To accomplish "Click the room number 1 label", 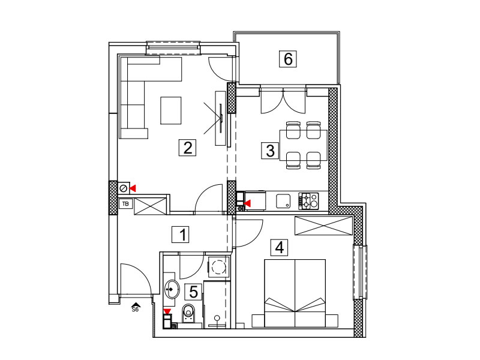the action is tap(181, 235).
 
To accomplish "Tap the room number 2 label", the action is tap(187, 147).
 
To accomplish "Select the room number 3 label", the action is tap(269, 151).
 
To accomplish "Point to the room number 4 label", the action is tap(279, 247).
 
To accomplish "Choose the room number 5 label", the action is tap(193, 292).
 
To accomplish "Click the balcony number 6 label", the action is tap(288, 58).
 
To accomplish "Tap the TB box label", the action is tap(125, 203).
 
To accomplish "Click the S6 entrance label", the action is tap(135, 310).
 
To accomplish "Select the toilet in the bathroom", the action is tap(188, 313).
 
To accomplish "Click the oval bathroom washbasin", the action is tap(172, 289).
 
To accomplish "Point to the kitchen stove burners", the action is tap(308, 201).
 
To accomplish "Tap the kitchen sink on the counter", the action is tap(283, 201).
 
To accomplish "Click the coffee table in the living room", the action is tap(171, 110).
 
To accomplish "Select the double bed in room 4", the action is tap(295, 293).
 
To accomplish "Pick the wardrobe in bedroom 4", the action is tap(323, 226).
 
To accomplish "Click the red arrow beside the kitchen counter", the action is tap(247, 203).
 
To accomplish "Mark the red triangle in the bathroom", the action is tap(167, 311).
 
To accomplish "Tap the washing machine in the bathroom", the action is tap(218, 267).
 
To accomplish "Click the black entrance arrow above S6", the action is tap(136, 305).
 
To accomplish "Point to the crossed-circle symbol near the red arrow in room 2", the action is tap(124, 188).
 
